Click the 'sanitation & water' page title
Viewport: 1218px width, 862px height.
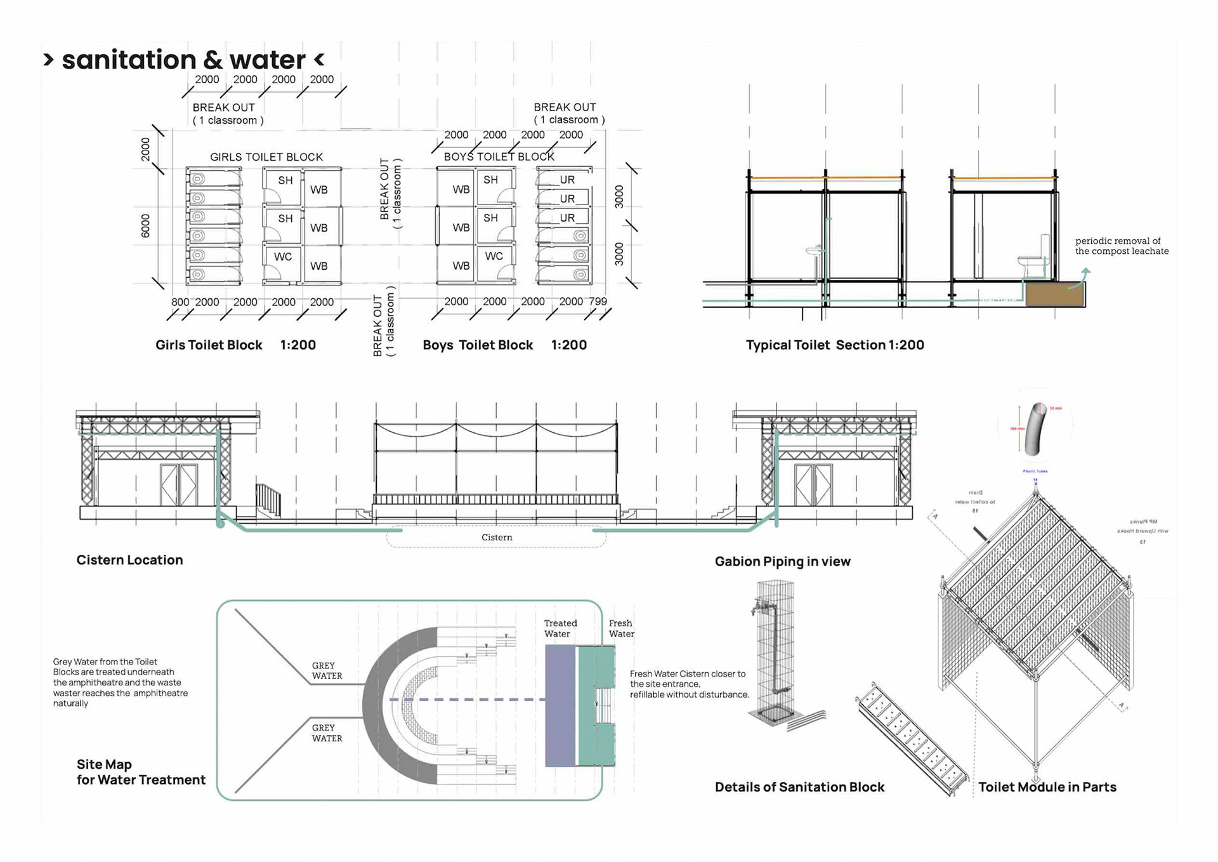click(184, 60)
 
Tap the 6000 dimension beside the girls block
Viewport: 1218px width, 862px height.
click(145, 226)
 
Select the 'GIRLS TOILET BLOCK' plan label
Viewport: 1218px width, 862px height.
click(266, 157)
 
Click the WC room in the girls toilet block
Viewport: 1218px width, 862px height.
click(283, 257)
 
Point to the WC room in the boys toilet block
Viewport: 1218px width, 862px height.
click(494, 256)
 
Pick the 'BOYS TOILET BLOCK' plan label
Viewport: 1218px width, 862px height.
click(499, 157)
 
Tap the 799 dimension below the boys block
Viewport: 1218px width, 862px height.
click(598, 302)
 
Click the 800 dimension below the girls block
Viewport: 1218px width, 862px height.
click(180, 302)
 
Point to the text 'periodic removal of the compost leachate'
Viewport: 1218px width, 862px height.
click(1122, 246)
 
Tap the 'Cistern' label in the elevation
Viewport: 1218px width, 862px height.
click(497, 538)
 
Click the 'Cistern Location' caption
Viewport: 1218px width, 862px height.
click(130, 560)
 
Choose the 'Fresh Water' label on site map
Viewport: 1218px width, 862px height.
click(621, 628)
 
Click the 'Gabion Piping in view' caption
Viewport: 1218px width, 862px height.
click(782, 561)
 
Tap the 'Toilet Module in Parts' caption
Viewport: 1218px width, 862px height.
click(1047, 787)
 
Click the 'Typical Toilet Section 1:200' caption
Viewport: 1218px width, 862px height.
click(835, 345)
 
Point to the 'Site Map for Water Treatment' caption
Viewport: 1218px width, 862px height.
click(141, 772)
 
